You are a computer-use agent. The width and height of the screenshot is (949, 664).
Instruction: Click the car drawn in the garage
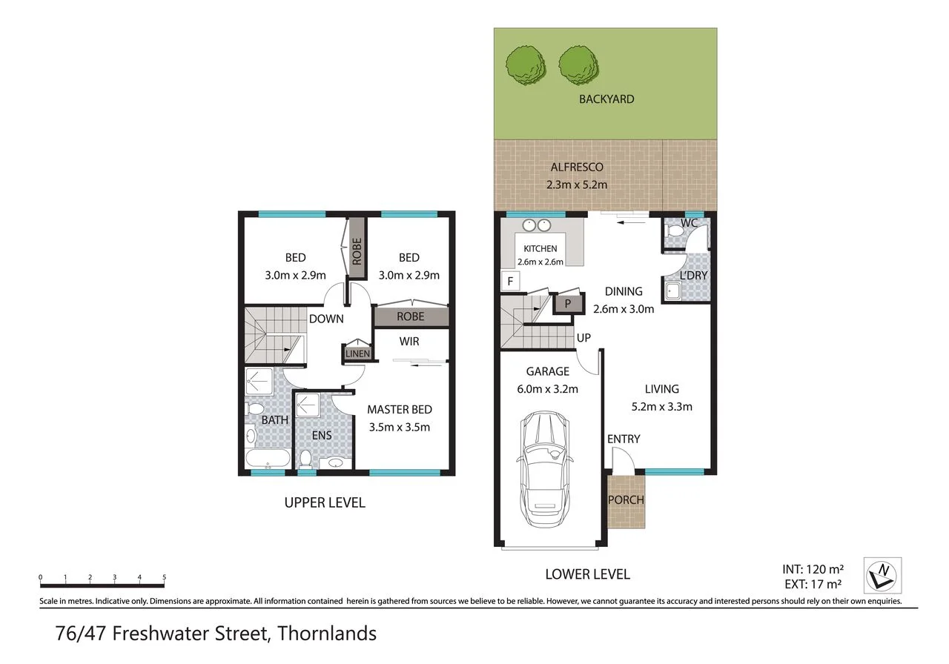545,469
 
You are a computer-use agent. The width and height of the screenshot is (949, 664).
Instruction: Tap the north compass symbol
882,576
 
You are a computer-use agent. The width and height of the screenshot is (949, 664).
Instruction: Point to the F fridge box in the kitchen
511,281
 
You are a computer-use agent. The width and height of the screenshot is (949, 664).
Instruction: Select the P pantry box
568,304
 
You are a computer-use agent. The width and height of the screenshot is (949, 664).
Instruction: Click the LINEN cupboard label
357,353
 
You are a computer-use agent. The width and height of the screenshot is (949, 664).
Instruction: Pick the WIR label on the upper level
409,342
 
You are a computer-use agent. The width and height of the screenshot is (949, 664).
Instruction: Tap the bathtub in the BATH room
268,459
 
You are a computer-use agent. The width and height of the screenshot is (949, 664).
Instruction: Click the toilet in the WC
675,231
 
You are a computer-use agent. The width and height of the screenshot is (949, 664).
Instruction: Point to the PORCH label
626,500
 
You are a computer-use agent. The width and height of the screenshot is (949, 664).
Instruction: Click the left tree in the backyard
526,67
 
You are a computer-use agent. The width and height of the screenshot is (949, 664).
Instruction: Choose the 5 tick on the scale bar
164,577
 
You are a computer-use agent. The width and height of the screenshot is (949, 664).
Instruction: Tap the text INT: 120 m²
813,568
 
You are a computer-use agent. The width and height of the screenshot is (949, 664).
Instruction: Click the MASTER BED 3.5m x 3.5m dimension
399,427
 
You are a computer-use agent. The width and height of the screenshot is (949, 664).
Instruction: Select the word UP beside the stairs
583,338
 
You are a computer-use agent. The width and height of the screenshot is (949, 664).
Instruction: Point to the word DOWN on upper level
326,319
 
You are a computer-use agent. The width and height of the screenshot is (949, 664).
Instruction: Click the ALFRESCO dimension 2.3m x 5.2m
577,185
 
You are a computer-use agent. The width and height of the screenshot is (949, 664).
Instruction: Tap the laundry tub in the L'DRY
672,291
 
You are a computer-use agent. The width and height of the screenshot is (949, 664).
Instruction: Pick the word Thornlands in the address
327,634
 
